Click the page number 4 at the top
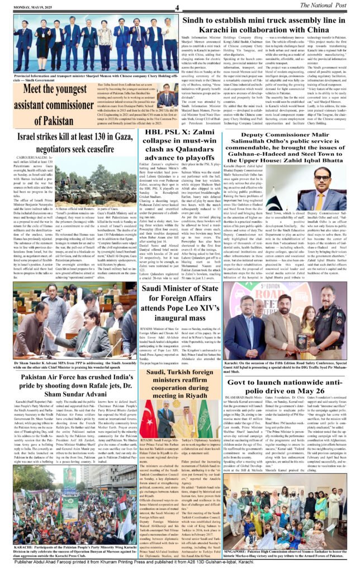(x=176, y=7)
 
